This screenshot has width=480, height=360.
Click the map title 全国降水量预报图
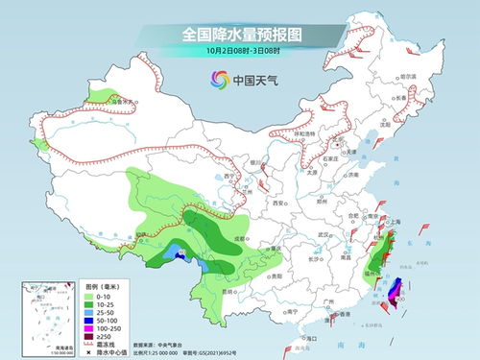click(239, 34)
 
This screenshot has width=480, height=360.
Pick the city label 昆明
click(228, 289)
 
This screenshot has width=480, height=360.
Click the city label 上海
click(394, 220)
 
